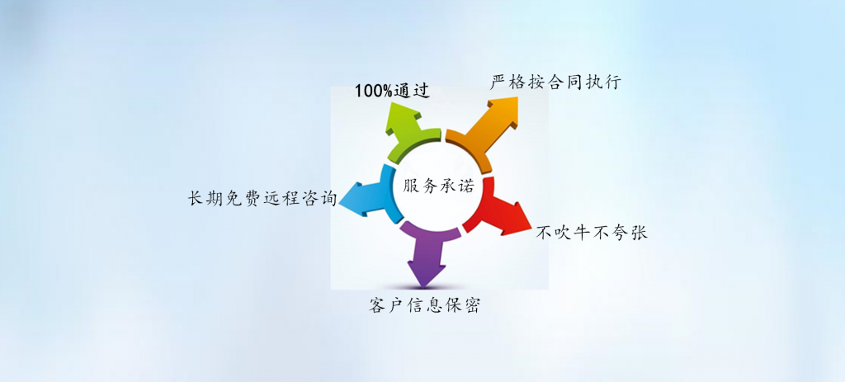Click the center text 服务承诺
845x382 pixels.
click(x=438, y=186)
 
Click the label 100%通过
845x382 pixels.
click(x=392, y=91)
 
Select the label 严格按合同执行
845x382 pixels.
click(x=555, y=83)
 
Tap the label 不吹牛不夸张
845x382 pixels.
click(x=591, y=232)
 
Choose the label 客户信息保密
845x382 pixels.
click(x=424, y=305)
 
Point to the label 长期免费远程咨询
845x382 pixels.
click(x=262, y=199)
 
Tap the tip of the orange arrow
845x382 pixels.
click(x=518, y=97)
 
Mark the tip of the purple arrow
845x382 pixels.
click(x=423, y=286)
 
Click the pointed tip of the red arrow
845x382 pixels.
click(x=531, y=229)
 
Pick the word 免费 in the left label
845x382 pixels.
click(x=243, y=199)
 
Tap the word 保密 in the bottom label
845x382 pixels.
click(x=461, y=305)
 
